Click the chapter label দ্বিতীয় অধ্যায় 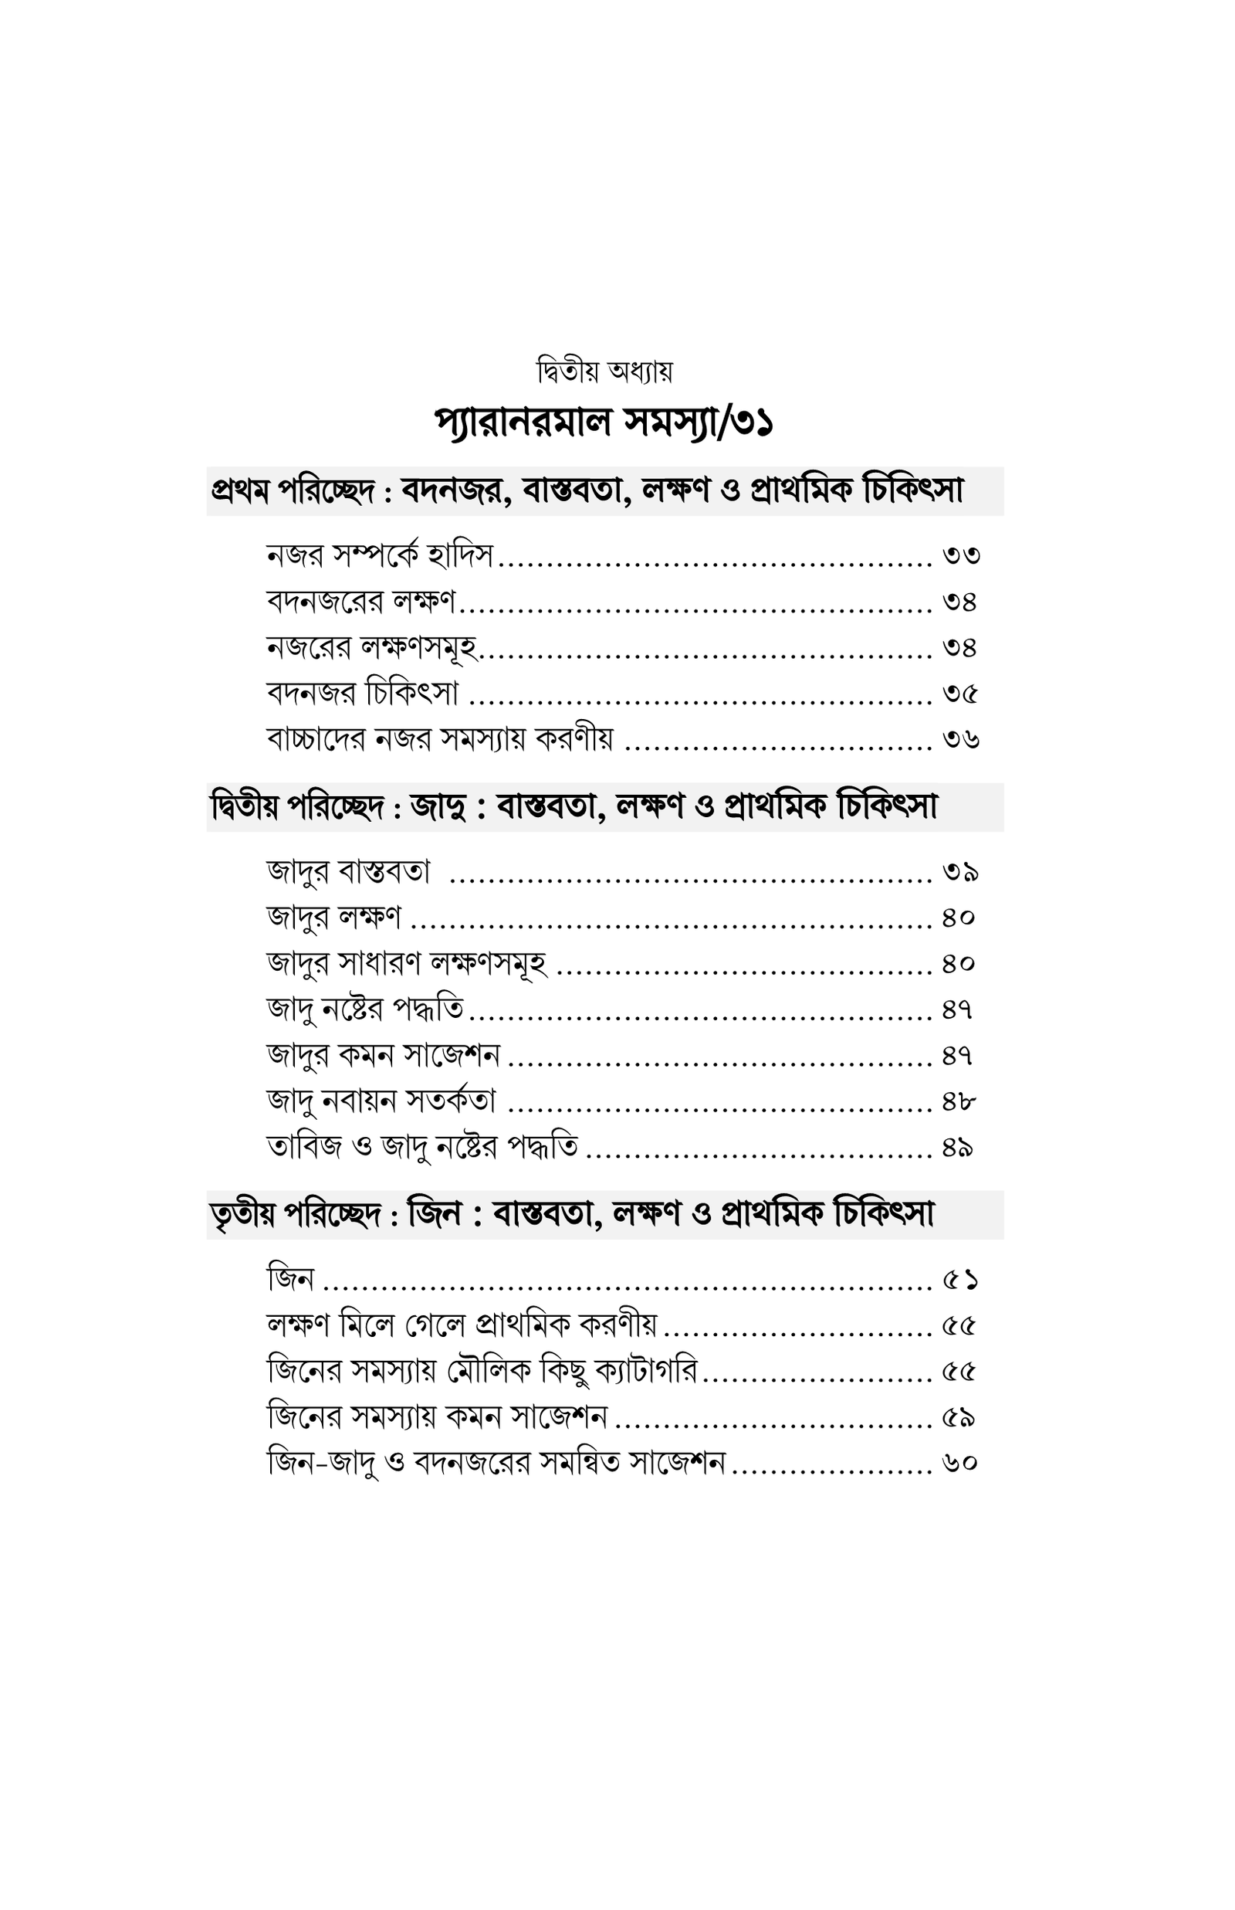point(604,371)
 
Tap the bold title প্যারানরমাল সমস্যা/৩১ point(604,422)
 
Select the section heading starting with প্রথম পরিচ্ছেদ point(587,491)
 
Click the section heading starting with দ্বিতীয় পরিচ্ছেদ point(574,807)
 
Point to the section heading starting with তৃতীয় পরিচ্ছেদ point(572,1214)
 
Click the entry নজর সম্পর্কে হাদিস point(380,555)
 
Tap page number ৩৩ point(961,555)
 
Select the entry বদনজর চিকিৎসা point(363,692)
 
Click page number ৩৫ point(960,693)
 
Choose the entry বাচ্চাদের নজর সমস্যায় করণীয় point(440,738)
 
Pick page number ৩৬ point(961,739)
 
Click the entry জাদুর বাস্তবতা point(349,870)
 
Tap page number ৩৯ point(960,871)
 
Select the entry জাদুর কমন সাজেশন point(384,1055)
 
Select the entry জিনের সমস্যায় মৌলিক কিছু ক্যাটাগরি point(482,1372)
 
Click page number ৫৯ point(959,1418)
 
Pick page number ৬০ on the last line point(960,1463)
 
